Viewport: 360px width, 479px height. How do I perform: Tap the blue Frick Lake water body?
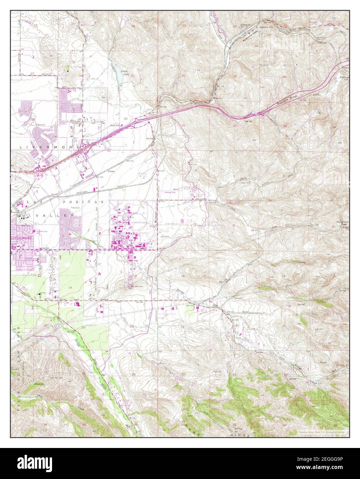(119, 73)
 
